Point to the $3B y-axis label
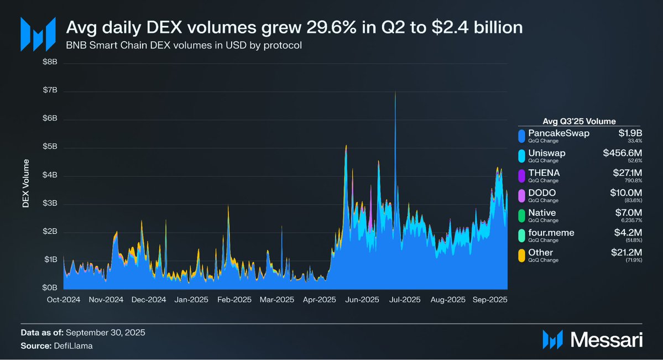click(x=50, y=204)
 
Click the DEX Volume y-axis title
click(x=25, y=185)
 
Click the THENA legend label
click(x=544, y=173)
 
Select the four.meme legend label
click(x=551, y=233)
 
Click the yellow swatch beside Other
click(x=521, y=255)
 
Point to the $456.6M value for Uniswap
click(x=623, y=153)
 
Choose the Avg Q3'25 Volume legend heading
click(x=580, y=121)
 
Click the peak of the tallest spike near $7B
click(x=395, y=92)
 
